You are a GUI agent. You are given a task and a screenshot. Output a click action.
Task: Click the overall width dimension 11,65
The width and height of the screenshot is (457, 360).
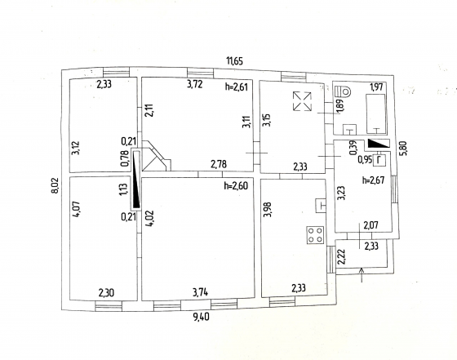235,61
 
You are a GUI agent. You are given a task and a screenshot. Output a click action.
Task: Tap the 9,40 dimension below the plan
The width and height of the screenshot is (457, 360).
201,316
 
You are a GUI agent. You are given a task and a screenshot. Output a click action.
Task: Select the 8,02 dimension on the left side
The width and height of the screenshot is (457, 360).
55,185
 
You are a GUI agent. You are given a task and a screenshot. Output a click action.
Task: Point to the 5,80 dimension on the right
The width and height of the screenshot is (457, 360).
405,149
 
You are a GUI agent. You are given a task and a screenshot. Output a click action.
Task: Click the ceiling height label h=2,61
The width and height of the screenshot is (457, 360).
237,87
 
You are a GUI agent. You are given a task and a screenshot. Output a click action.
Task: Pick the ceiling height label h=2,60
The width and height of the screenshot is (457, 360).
236,185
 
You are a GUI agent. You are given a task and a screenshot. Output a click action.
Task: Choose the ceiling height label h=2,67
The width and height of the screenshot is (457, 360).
374,180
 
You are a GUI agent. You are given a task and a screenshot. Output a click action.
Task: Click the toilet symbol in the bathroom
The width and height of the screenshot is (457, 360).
343,91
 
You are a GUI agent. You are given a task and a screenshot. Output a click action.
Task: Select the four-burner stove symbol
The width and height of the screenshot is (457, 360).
315,235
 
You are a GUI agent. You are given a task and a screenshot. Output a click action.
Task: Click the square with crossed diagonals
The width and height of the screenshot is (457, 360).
302,101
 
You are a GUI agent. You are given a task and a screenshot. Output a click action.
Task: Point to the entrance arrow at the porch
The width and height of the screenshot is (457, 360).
362,275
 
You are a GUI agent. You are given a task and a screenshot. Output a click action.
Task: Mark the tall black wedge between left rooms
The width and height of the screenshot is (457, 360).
136,180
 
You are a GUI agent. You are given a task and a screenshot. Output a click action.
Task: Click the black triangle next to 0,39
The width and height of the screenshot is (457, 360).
379,144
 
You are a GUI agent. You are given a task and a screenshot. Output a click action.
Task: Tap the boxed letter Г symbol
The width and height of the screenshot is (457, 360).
379,160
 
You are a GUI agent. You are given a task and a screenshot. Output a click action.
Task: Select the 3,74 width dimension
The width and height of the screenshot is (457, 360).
201,291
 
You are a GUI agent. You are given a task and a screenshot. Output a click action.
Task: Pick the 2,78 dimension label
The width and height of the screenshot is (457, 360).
219,164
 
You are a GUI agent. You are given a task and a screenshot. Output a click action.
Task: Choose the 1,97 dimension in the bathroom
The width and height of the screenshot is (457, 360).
376,87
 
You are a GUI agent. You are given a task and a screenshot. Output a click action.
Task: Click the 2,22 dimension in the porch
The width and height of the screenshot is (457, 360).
341,256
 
